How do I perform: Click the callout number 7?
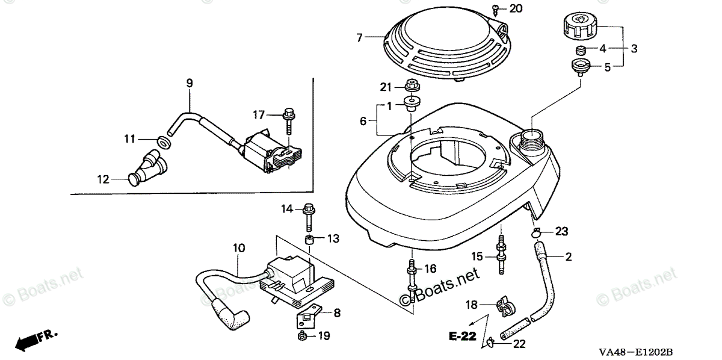360,37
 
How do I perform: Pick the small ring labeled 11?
162,143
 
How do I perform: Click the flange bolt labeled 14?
309,216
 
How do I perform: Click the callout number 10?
239,247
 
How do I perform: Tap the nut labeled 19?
302,336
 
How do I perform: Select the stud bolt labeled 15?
501,251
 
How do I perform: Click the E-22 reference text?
465,336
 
